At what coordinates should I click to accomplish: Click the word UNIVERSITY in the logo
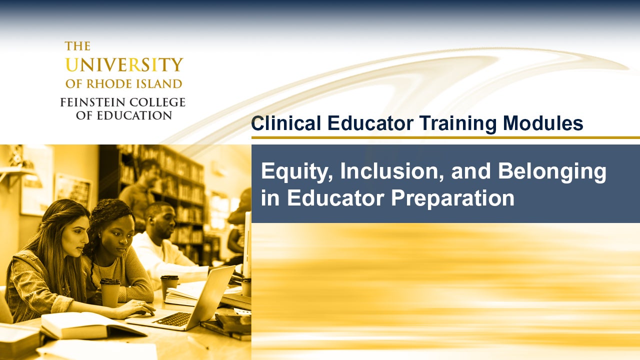(x=124, y=65)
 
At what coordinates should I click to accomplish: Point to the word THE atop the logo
(x=77, y=46)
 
